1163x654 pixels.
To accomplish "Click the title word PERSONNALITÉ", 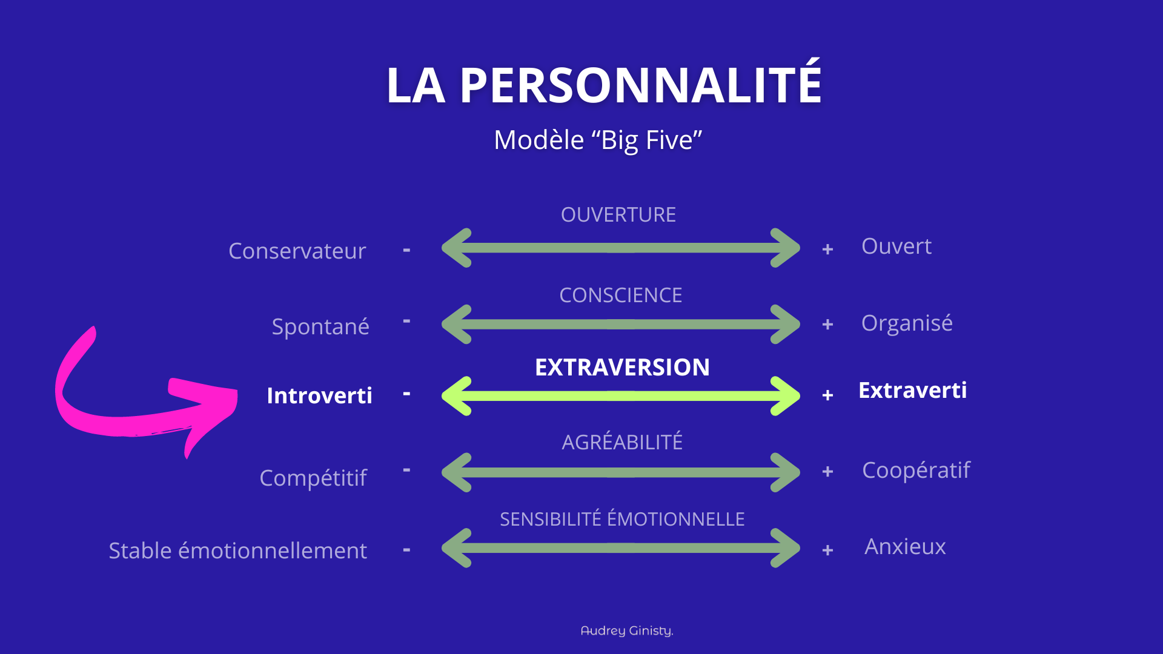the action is point(640,85).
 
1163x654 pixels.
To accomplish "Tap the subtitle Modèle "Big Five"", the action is point(598,140).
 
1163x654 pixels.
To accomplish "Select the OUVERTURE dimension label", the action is point(618,215).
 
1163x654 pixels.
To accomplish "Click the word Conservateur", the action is point(297,251).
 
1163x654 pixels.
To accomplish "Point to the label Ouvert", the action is point(896,246).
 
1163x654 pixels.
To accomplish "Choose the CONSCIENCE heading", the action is point(620,296).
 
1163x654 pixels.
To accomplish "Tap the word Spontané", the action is point(320,327).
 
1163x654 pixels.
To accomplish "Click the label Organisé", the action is point(906,323).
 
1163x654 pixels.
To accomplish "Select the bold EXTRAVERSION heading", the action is point(622,368).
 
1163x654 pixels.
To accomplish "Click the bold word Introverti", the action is point(319,396).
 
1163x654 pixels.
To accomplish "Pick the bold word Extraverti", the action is point(912,391).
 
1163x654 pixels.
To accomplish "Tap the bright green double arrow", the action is point(620,396).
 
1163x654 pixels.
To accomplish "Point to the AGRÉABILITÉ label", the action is point(622,443).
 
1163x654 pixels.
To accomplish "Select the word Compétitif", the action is point(313,478).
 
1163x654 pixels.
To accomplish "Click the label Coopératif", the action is point(916,471).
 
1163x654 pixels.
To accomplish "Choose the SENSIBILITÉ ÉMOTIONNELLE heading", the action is point(622,520).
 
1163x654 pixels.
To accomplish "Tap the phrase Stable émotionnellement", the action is point(237,551).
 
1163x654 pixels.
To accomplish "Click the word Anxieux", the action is point(904,547).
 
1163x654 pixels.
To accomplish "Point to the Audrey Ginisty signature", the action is point(627,631).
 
